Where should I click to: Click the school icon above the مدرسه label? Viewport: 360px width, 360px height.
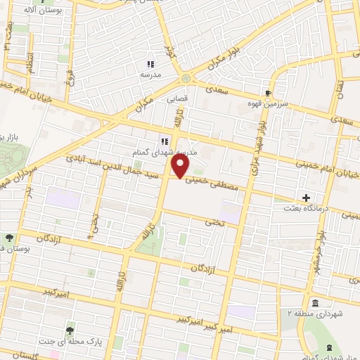(149, 64)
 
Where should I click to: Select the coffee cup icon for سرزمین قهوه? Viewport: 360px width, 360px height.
(268, 92)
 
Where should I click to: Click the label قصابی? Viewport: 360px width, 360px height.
(176, 99)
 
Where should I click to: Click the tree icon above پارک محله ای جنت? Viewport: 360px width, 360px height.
(70, 329)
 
